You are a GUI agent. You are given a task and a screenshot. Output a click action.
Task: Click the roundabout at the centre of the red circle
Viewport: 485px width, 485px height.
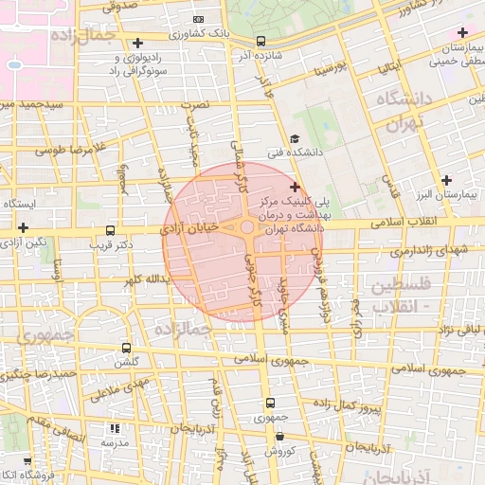tap(247, 228)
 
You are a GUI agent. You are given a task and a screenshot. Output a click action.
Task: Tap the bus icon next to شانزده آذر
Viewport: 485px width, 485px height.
tap(260, 41)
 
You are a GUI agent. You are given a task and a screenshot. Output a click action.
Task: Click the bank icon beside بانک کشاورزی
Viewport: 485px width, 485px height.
tap(197, 19)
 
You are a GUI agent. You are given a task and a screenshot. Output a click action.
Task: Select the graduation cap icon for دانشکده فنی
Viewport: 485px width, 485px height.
tap(295, 138)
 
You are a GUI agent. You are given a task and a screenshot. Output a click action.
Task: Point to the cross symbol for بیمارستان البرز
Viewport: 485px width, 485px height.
tap(447, 180)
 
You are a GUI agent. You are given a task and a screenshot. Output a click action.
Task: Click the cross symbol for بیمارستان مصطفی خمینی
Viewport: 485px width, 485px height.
tap(461, 33)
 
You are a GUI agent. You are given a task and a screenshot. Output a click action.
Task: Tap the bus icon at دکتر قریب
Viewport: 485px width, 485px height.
tap(111, 230)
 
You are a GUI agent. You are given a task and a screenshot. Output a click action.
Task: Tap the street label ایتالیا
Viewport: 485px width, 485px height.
tap(392, 68)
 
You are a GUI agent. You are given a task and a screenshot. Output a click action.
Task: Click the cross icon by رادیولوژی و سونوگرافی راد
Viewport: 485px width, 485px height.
tap(138, 44)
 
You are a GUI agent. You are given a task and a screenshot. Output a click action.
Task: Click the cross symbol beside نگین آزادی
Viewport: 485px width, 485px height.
tap(22, 227)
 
